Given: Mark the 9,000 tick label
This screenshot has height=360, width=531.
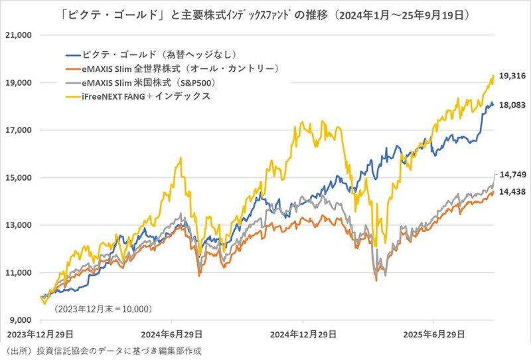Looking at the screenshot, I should tap(20, 320).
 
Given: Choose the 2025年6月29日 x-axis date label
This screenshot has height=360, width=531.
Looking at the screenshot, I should tap(434, 334).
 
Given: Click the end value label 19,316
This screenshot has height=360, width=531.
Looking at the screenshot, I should tap(512, 76).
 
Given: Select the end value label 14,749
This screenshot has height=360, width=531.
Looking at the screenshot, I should tap(512, 175).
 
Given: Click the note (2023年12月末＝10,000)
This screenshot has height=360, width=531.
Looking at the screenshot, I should tap(104, 309).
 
